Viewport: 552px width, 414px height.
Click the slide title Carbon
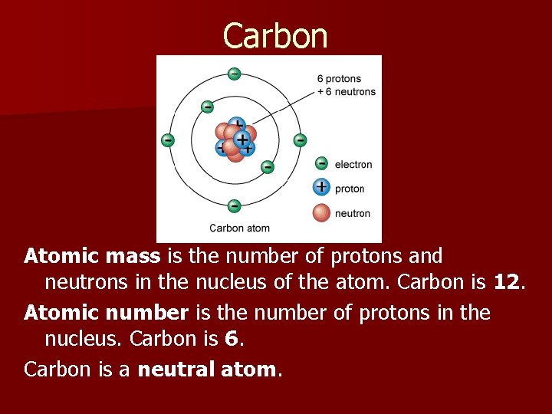[x=275, y=36]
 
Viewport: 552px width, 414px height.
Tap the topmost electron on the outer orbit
[x=234, y=74]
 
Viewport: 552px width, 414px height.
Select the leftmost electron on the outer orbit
[x=167, y=140]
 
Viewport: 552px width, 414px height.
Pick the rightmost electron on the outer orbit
[x=300, y=140]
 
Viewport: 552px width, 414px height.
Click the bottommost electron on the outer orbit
[x=234, y=205]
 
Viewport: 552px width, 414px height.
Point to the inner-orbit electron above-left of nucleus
[x=206, y=107]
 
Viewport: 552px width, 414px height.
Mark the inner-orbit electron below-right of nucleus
[x=268, y=166]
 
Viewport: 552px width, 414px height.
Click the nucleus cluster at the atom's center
[x=235, y=140]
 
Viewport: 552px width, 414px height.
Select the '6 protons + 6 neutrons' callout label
[x=346, y=85]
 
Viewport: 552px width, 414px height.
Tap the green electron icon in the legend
[x=322, y=163]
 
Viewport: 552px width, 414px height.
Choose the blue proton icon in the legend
[x=322, y=187]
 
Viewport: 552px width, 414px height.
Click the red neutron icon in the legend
[x=322, y=212]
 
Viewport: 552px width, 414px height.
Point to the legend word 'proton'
[x=350, y=189]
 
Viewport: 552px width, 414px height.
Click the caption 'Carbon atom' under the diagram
[x=239, y=228]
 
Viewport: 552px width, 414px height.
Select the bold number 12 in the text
[x=506, y=282]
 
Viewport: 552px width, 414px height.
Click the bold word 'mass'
[x=133, y=255]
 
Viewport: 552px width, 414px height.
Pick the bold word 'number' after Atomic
[x=150, y=312]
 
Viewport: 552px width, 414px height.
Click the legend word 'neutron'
[x=352, y=213]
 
